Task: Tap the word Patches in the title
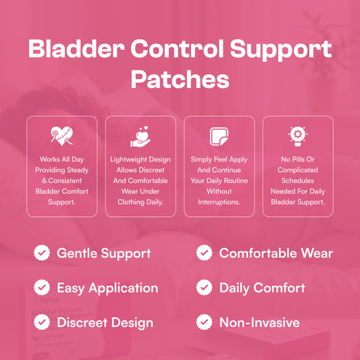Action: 180,80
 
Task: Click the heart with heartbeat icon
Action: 62,137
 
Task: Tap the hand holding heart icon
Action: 140,137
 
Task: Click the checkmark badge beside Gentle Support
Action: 42,253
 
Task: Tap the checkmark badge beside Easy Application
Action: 42,288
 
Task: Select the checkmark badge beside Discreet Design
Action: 42,322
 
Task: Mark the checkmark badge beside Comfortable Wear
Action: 205,253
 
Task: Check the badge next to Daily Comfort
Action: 205,288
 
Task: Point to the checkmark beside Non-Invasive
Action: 205,322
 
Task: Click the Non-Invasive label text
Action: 259,322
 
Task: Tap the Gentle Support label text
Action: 103,254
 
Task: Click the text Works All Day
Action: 62,160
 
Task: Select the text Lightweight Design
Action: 140,160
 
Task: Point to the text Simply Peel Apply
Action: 219,160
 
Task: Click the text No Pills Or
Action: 297,160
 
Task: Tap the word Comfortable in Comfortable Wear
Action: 260,254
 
